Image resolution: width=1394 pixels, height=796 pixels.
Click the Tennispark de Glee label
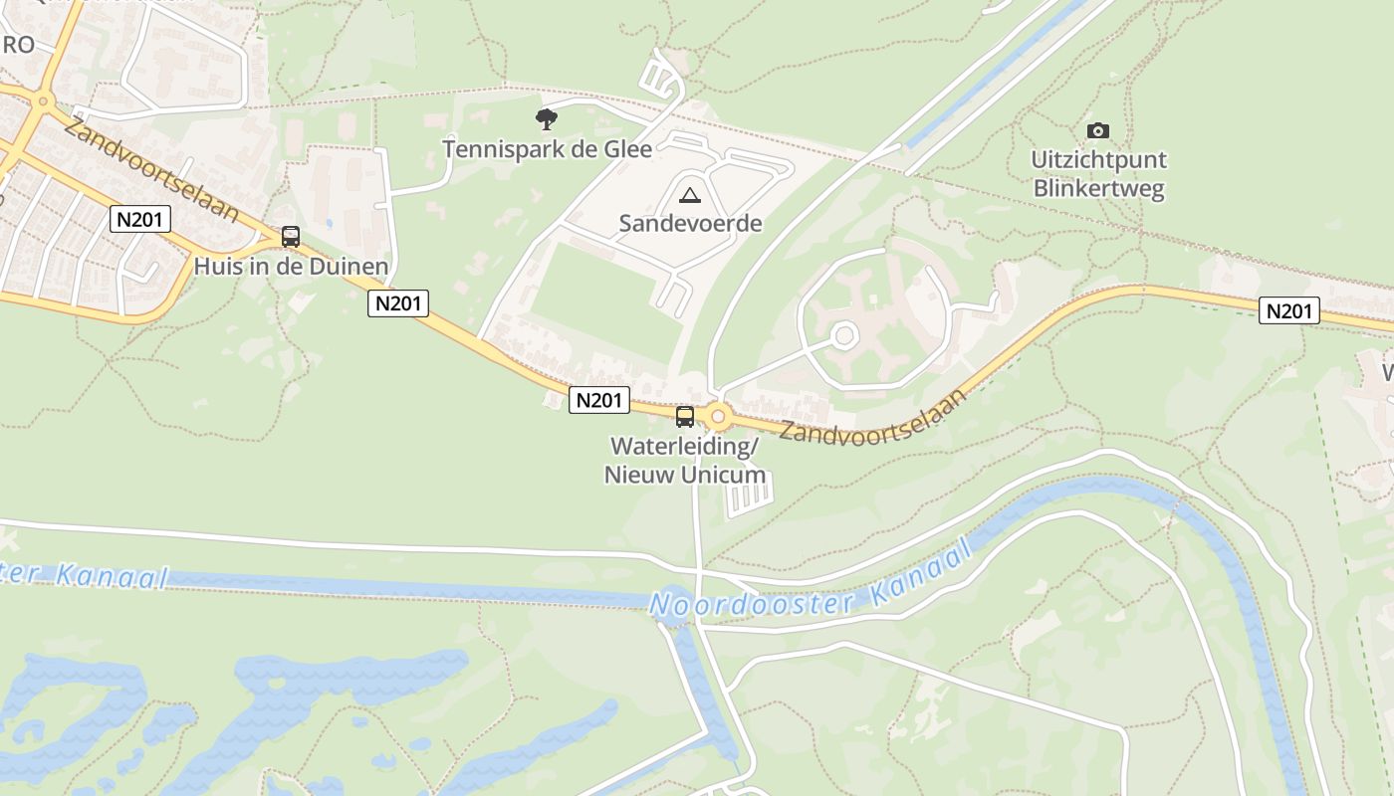click(547, 149)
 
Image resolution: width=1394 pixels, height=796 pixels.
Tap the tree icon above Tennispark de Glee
click(546, 119)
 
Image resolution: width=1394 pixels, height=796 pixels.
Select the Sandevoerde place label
click(690, 223)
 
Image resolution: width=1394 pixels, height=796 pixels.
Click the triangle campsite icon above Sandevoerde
click(689, 194)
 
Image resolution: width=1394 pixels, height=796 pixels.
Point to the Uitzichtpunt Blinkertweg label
click(1098, 174)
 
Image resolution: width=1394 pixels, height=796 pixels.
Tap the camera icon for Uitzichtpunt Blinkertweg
click(1098, 130)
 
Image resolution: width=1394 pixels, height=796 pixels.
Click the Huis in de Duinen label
click(291, 267)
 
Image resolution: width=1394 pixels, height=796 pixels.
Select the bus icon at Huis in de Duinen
click(291, 237)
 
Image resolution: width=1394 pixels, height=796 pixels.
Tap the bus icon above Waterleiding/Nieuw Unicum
click(685, 417)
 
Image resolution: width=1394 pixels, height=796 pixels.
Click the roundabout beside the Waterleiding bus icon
click(717, 416)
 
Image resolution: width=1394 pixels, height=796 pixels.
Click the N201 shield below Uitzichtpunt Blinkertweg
click(1289, 311)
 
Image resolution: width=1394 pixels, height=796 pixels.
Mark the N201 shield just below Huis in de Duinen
click(398, 303)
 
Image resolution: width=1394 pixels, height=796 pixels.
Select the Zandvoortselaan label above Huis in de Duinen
click(151, 168)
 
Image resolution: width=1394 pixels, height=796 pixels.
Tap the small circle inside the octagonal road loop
click(844, 335)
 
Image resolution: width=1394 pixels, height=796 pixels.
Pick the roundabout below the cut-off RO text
click(43, 100)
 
